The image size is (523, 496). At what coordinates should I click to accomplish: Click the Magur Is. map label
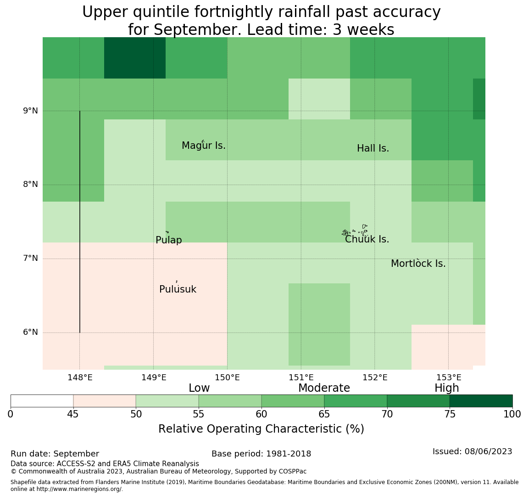pos(203,146)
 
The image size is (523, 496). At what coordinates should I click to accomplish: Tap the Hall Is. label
pos(373,148)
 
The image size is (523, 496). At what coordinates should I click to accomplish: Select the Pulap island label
pos(169,240)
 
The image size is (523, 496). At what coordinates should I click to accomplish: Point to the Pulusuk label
pos(178,289)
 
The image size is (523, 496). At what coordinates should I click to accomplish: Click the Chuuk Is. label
pos(367,239)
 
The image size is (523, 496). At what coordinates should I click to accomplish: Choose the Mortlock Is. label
pos(418,264)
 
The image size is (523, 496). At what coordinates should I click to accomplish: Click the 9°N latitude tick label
pos(30,111)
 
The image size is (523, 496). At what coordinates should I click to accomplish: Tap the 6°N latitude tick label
pos(30,333)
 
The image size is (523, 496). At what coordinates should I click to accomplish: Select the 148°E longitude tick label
pos(80,378)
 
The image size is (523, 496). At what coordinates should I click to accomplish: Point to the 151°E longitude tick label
pos(301,378)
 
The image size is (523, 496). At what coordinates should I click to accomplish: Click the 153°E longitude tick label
pos(449,378)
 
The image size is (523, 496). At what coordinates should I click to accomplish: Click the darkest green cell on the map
pos(135,58)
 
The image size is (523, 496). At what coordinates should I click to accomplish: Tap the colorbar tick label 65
pos(324,415)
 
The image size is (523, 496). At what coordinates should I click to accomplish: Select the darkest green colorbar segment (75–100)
pos(481,401)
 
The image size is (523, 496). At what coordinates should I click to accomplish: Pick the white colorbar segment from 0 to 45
pos(42,401)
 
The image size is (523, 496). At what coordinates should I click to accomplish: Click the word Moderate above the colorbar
pos(324,388)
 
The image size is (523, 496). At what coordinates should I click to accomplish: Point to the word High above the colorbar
pos(447,388)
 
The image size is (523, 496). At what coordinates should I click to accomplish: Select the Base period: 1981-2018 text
pos(261,454)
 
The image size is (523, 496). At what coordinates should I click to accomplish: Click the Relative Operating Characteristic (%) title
pos(261,429)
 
